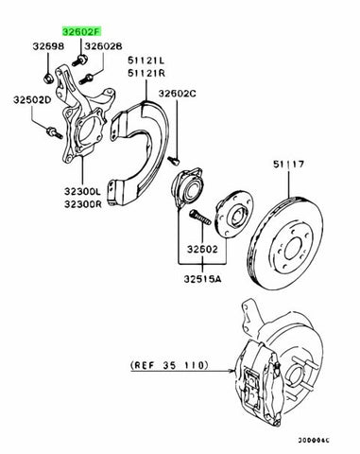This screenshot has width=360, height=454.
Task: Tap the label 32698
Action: pyautogui.click(x=49, y=45)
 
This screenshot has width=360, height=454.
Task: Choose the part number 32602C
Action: pyautogui.click(x=178, y=94)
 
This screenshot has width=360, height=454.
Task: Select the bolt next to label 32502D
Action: pyautogui.click(x=47, y=130)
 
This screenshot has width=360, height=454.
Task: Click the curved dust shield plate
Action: pyautogui.click(x=142, y=142)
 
